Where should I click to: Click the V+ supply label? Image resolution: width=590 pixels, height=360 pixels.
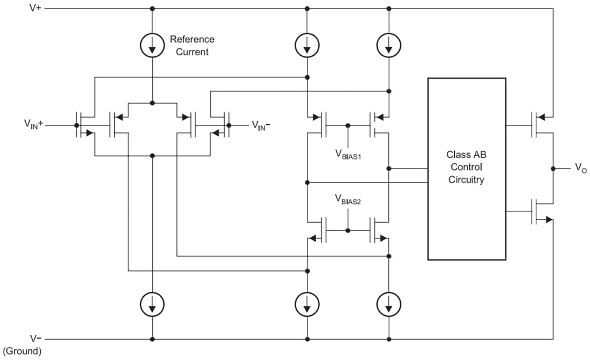(x=35, y=9)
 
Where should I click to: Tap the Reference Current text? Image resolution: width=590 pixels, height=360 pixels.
(x=192, y=46)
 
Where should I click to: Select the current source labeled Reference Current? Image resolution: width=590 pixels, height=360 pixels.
(x=152, y=47)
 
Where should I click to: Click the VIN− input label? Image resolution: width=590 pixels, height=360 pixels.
(x=261, y=125)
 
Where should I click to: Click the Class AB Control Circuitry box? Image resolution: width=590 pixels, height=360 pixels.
(x=466, y=168)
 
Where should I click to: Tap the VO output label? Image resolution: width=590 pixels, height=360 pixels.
(x=580, y=168)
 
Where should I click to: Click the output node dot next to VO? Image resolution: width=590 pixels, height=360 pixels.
(x=553, y=168)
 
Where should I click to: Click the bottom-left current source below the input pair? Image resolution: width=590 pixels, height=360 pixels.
(x=152, y=306)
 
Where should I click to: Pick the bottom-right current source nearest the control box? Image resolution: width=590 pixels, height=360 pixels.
(x=388, y=306)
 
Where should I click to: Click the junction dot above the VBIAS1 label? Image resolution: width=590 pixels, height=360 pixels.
(x=348, y=126)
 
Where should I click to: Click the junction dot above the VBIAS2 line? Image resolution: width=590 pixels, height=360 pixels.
(x=348, y=231)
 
